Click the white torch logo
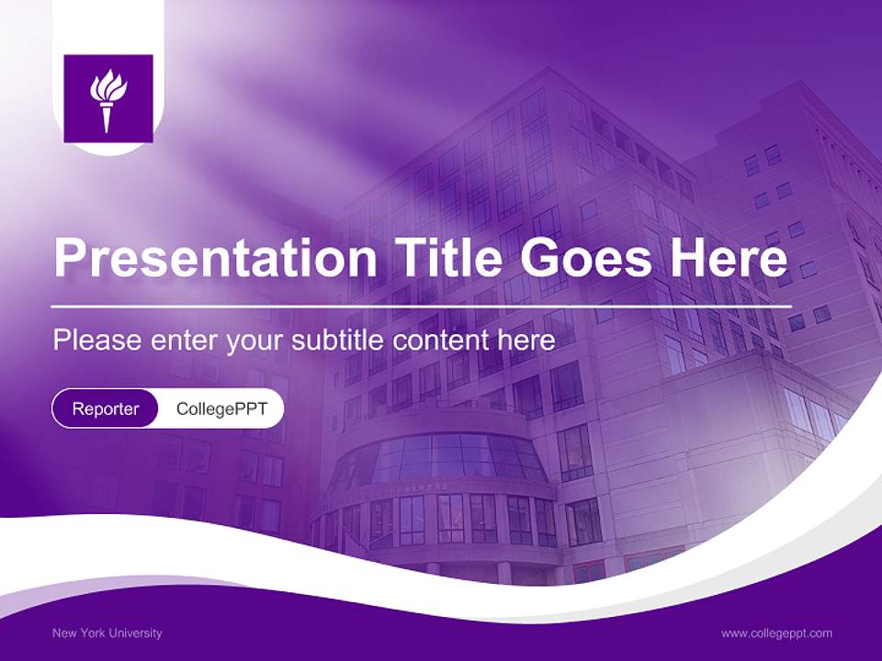click(x=107, y=99)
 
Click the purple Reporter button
click(x=106, y=409)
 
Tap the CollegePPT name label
click(x=221, y=409)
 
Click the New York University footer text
click(x=107, y=633)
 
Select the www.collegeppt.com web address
click(x=776, y=633)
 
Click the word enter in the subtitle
click(x=181, y=341)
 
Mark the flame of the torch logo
click(x=107, y=88)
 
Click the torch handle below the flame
click(x=107, y=119)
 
